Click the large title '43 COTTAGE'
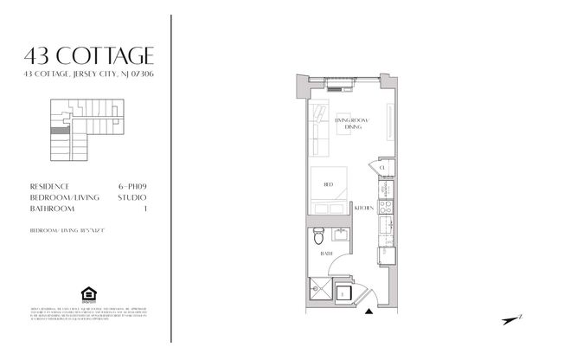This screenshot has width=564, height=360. point(90,56)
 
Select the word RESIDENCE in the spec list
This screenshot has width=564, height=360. point(50,186)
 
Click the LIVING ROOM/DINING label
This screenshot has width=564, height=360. point(352,124)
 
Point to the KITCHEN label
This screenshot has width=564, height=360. point(363,209)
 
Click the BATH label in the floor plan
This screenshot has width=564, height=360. point(327,253)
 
